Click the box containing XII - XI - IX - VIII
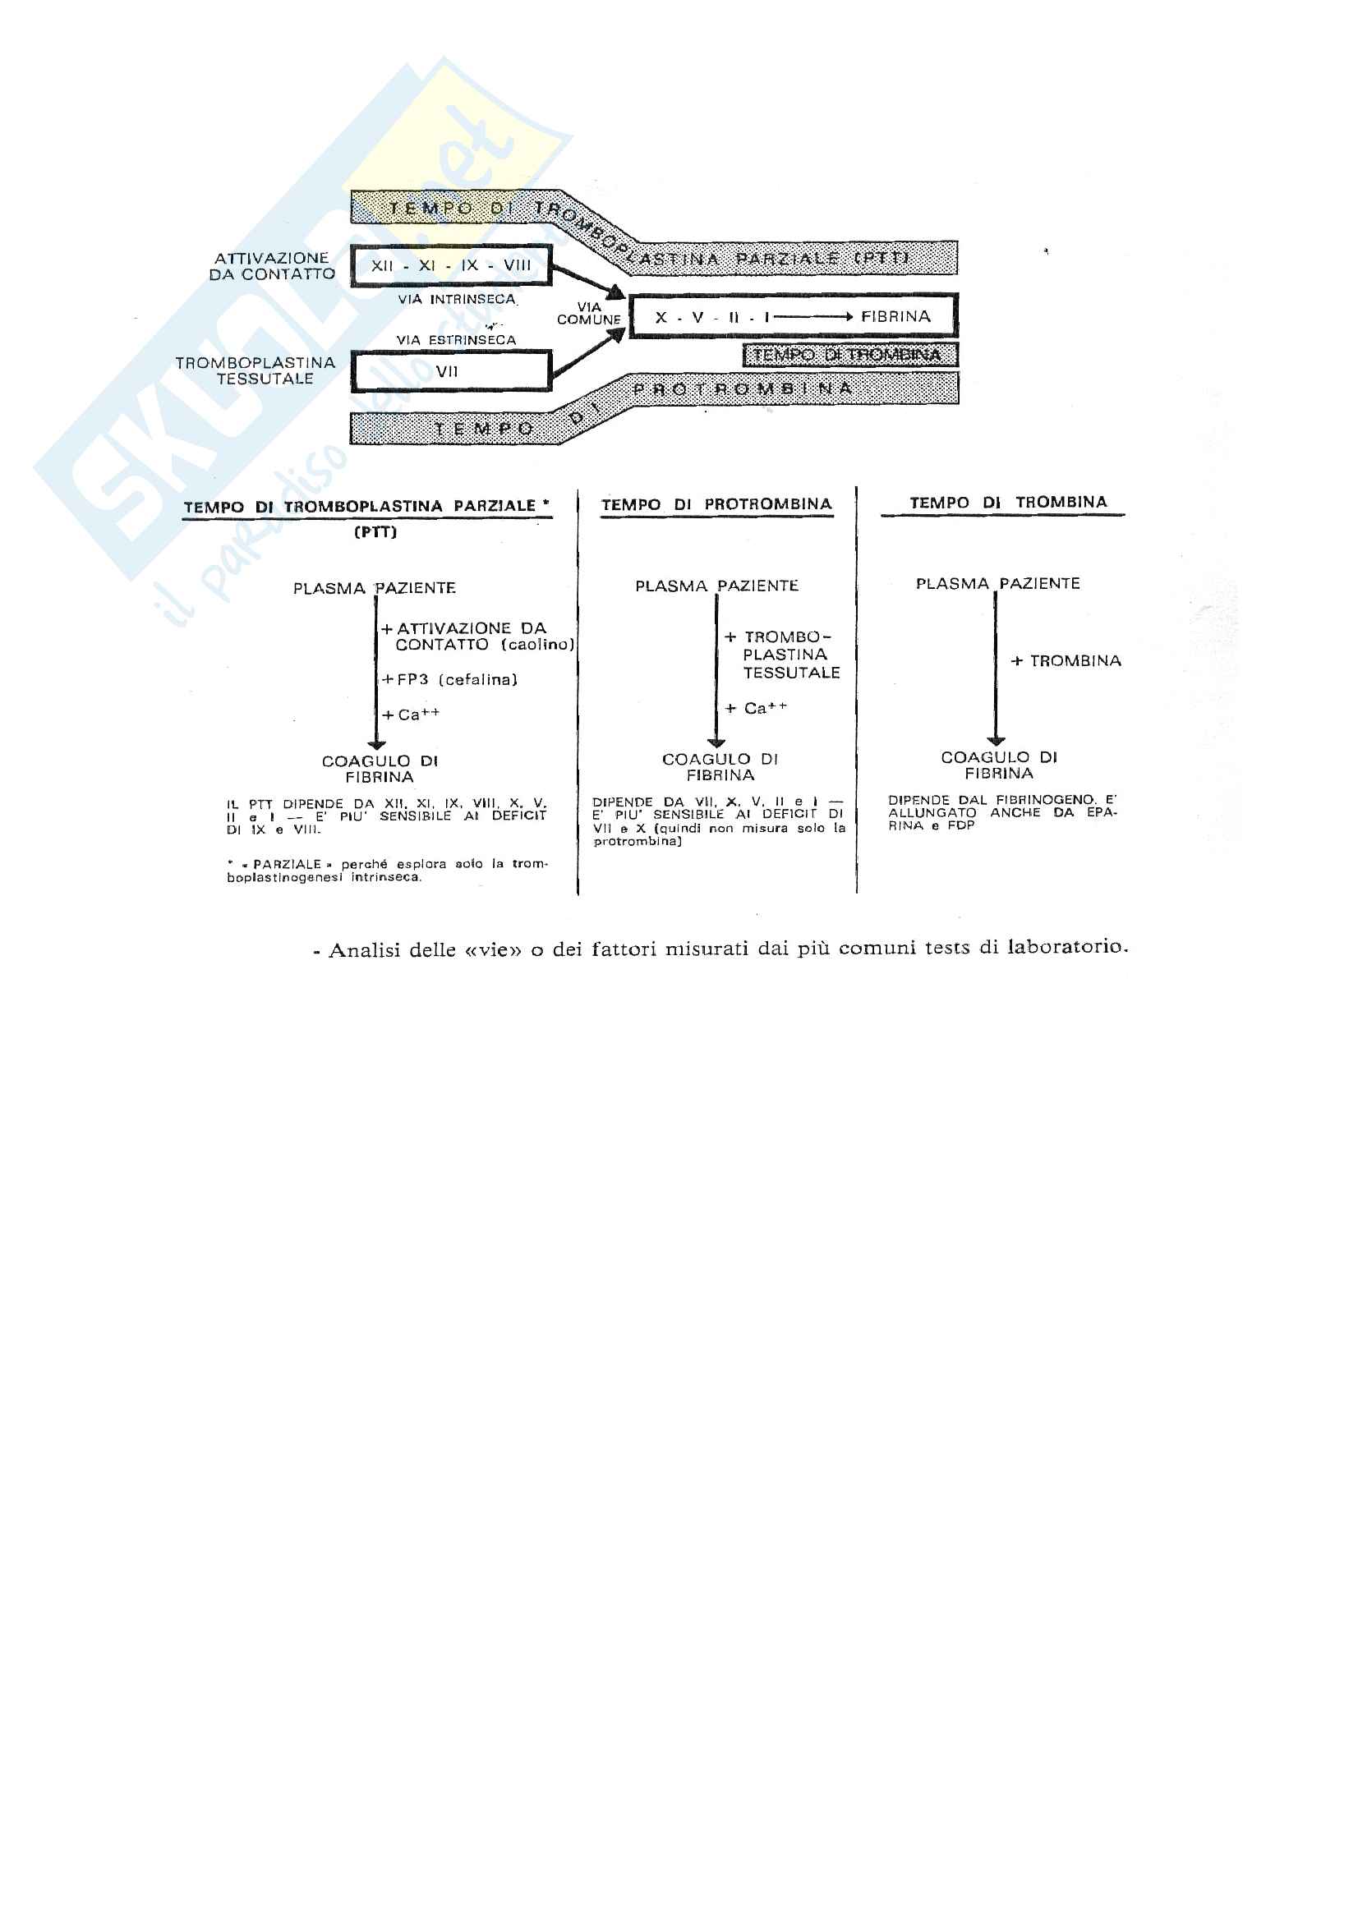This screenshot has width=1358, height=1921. [451, 265]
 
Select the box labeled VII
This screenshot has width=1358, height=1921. [450, 370]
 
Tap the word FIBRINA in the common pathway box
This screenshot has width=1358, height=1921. [895, 316]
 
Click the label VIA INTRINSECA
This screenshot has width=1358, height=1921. [456, 299]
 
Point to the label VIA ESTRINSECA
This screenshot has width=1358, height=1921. [456, 340]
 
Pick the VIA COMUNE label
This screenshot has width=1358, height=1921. [589, 313]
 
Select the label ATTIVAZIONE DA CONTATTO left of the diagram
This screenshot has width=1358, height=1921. [272, 266]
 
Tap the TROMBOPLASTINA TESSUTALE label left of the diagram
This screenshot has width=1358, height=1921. [256, 370]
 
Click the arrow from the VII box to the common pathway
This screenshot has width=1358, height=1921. [589, 355]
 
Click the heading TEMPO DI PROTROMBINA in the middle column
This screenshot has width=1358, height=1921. [716, 504]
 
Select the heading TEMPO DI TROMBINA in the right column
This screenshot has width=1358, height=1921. [1007, 502]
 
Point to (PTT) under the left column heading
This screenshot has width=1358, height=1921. [375, 532]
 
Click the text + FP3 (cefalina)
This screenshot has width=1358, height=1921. [449, 679]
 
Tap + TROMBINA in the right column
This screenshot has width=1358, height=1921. [1066, 661]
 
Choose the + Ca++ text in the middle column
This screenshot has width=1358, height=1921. [756, 709]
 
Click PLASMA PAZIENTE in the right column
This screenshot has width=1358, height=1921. [997, 583]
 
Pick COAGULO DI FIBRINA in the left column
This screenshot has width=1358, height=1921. [380, 768]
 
